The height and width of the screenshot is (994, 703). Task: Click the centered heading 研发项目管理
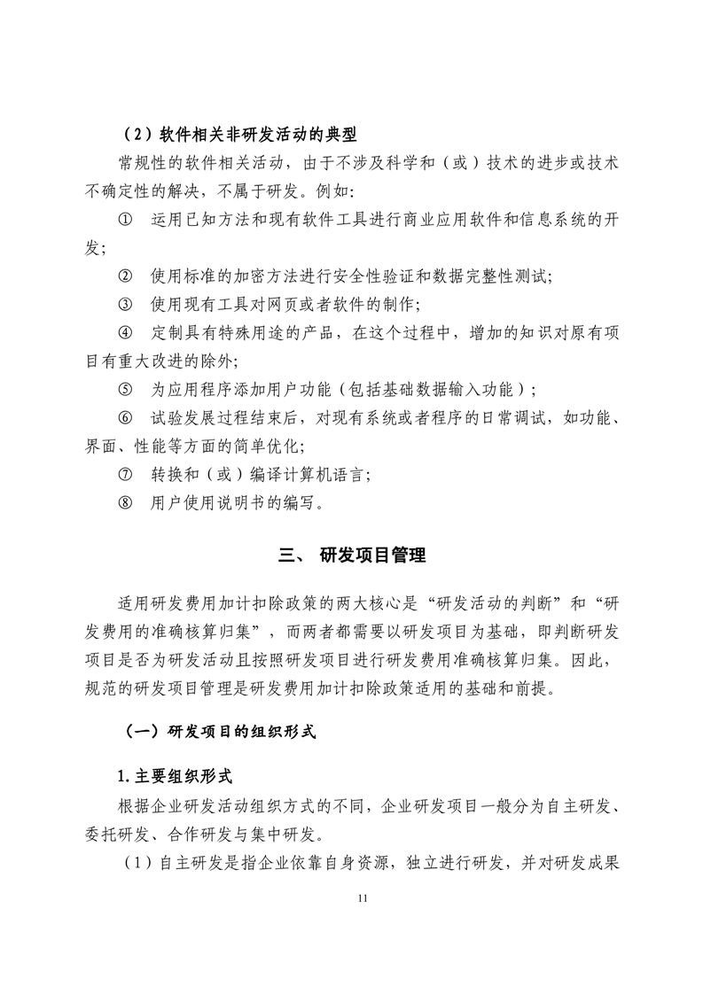pos(373,555)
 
